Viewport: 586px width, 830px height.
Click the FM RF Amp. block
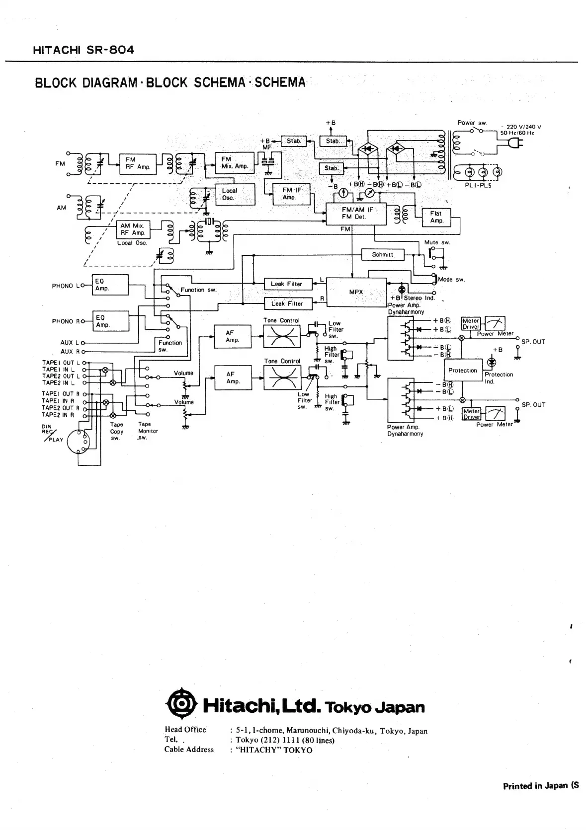(x=138, y=163)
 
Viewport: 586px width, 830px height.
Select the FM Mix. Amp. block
(x=234, y=162)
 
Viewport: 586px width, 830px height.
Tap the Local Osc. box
(x=235, y=194)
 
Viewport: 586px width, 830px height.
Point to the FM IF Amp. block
(x=291, y=194)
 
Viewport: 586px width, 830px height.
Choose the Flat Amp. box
(x=436, y=217)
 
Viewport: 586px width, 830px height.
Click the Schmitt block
(x=382, y=255)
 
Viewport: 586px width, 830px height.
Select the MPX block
(x=356, y=292)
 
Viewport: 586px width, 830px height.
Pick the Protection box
(x=462, y=371)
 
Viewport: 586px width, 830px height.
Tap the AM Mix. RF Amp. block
(x=132, y=229)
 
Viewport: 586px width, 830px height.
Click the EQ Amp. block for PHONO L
(x=110, y=285)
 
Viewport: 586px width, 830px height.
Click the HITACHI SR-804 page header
(x=83, y=50)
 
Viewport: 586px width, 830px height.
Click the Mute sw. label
(x=437, y=242)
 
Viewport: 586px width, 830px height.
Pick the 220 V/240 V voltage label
(x=523, y=127)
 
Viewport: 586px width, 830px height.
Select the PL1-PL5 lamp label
(x=476, y=185)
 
